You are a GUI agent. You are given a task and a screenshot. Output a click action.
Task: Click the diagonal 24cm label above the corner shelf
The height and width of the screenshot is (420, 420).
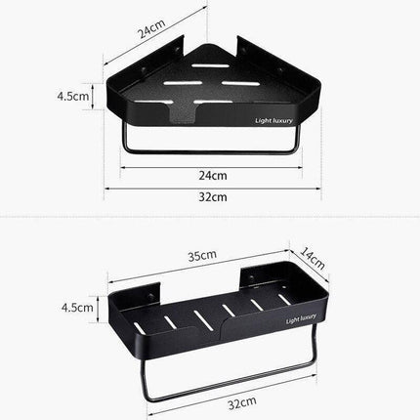tap(150, 32)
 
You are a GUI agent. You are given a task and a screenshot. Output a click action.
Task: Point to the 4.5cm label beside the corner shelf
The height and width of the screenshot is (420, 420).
tap(75, 96)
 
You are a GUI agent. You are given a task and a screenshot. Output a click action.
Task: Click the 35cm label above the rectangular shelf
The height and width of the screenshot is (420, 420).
tap(202, 256)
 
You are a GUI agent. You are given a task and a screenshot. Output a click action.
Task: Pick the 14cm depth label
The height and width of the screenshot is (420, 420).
tap(312, 257)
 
